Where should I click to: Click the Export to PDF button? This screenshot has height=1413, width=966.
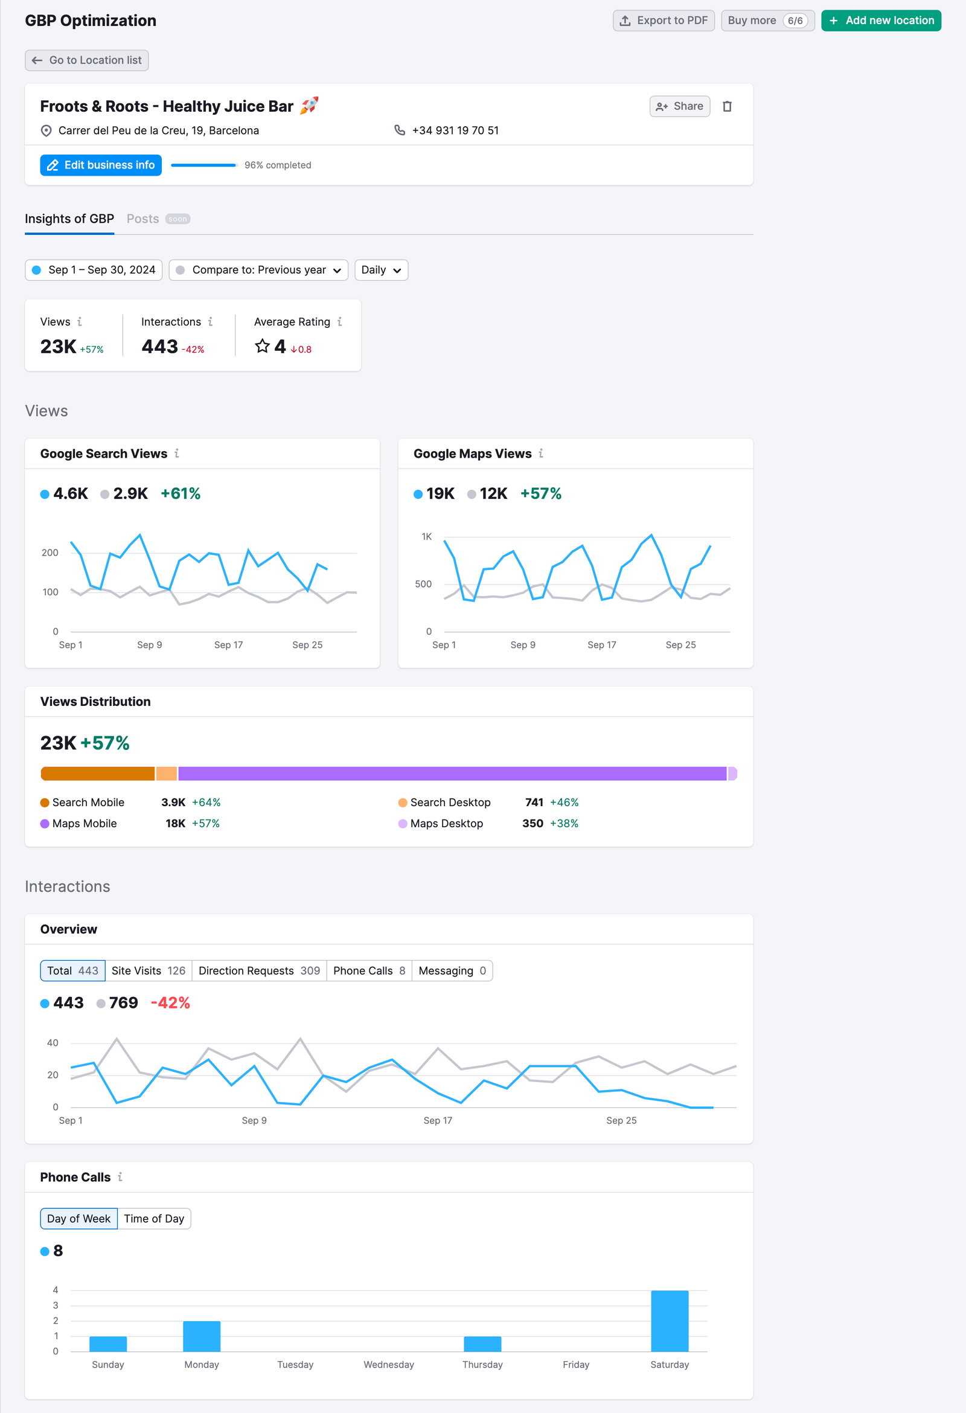pos(664,21)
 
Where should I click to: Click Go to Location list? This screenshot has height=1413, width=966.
pos(87,60)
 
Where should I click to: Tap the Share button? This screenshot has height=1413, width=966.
pos(679,106)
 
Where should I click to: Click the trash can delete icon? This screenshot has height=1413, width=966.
pos(726,106)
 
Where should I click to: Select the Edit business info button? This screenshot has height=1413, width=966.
pos(101,165)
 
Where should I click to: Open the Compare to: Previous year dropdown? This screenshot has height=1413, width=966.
pos(258,270)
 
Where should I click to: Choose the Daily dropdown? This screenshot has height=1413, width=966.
pos(380,270)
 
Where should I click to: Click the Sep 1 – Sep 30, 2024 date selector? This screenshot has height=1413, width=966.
pos(94,270)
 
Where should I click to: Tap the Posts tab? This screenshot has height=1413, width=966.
pos(143,219)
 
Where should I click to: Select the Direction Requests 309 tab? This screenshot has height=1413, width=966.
pos(259,971)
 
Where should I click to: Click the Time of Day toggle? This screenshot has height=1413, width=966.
pos(154,1219)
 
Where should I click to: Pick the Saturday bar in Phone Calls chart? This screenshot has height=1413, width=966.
pos(670,1321)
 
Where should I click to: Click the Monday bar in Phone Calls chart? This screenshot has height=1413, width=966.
pos(202,1336)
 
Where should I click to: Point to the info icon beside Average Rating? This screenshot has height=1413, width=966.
pos(340,322)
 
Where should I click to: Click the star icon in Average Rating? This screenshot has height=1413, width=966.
pos(262,347)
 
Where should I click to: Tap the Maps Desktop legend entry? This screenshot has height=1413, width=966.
pos(446,824)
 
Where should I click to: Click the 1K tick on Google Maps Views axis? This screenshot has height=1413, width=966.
pos(426,537)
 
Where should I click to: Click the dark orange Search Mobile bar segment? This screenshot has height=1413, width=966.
pos(97,774)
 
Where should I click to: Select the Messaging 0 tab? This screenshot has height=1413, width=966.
pos(452,971)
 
